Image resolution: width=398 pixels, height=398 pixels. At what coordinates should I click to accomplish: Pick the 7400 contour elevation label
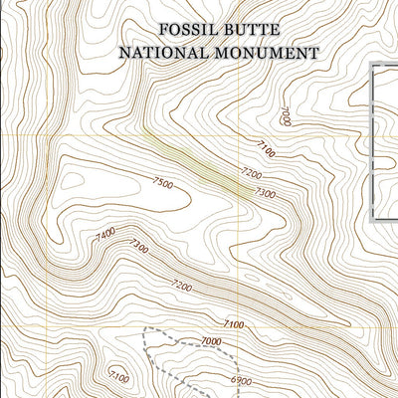pyautogui.click(x=105, y=235)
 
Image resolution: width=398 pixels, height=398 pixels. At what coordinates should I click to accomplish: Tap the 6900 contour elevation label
pyautogui.click(x=240, y=381)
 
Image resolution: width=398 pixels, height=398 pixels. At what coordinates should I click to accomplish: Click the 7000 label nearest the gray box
pyautogui.click(x=285, y=115)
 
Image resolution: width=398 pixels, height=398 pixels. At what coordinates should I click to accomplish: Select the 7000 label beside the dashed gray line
pyautogui.click(x=211, y=342)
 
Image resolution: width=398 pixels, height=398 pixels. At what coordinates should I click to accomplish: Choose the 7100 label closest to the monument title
pyautogui.click(x=266, y=149)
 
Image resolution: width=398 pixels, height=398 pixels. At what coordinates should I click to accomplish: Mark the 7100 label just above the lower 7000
pyautogui.click(x=233, y=324)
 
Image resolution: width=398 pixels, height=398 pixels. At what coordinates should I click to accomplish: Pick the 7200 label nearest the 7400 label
pyautogui.click(x=181, y=286)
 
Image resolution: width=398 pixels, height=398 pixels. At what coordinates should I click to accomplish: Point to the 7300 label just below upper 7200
pyautogui.click(x=264, y=192)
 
